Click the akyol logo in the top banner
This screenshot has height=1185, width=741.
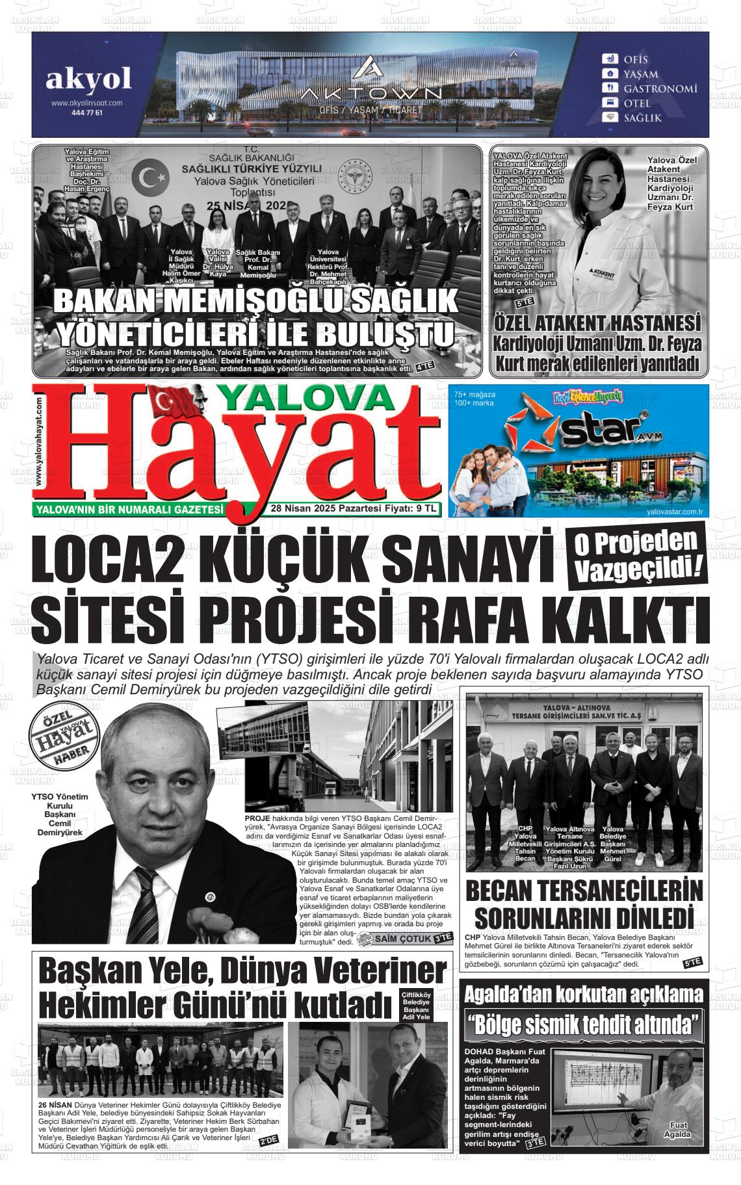tap(88, 80)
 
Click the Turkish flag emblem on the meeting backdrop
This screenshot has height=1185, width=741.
tap(154, 177)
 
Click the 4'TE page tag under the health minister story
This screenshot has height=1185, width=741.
tap(425, 367)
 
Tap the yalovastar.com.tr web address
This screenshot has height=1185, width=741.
tap(675, 512)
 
